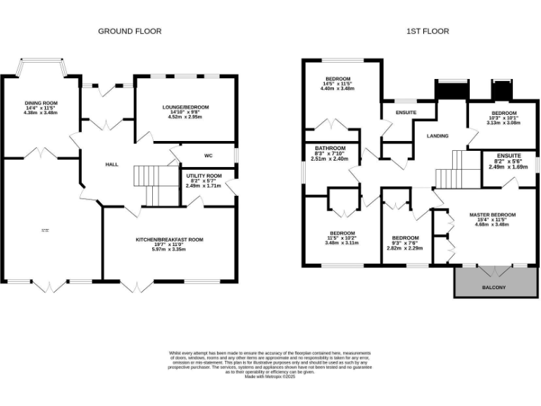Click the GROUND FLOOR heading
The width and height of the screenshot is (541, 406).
130,31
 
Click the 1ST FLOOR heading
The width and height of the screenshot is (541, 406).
428,31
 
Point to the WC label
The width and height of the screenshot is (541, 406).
209,155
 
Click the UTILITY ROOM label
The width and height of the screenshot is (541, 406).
204,176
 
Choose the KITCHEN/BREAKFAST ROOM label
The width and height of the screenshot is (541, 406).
170,240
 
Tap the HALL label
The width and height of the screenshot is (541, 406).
111,164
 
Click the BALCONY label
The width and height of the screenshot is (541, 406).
493,287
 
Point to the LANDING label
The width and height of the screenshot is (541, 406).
437,135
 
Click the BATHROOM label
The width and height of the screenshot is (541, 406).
330,148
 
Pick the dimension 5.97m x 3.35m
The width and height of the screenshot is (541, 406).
170,252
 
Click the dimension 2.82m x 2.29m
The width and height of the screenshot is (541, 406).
405,248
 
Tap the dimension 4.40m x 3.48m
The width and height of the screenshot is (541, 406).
337,89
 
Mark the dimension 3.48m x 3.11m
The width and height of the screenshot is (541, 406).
342,243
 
